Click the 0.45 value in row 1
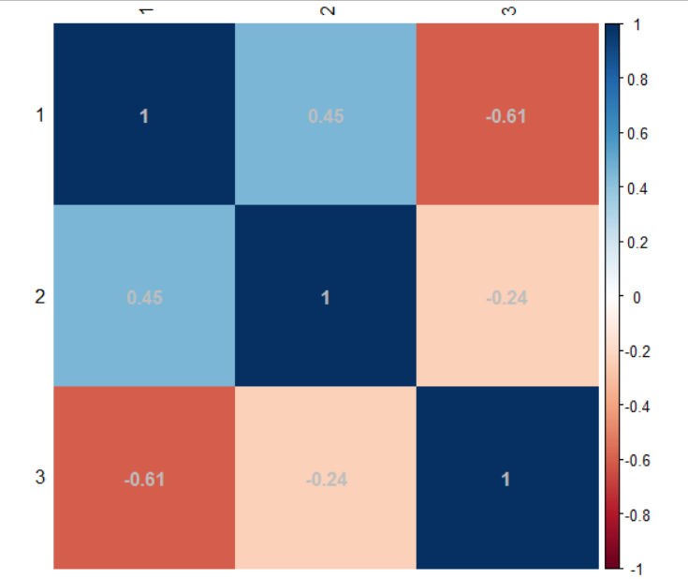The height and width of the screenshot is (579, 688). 326,117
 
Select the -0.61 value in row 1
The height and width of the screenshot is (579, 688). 506,117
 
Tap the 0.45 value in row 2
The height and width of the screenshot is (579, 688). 144,298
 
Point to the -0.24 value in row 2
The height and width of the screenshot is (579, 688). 506,298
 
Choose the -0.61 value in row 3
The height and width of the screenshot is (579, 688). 144,480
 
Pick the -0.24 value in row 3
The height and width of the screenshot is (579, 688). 326,480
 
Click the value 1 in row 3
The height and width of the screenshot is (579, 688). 506,480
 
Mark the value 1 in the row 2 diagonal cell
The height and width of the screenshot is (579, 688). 326,298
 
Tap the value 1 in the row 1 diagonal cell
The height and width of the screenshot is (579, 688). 144,117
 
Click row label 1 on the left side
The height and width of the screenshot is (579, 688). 39,116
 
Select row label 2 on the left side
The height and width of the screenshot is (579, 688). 39,298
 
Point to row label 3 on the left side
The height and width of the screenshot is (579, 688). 39,478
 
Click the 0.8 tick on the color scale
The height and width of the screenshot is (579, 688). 637,81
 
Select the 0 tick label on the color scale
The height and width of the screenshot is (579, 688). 636,298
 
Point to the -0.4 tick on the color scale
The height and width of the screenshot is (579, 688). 639,407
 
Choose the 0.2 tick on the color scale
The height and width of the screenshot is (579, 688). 637,244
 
